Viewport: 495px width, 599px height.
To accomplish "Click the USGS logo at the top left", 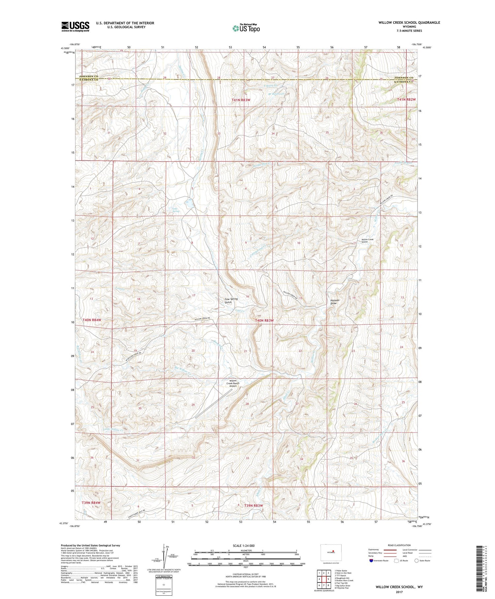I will (x=75, y=26).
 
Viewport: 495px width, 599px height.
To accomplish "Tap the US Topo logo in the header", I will (x=246, y=28).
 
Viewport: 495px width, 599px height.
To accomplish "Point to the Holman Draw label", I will (x=335, y=302).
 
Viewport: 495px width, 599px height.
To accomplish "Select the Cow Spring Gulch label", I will (x=231, y=301).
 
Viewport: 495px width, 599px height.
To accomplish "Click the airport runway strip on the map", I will (x=214, y=403).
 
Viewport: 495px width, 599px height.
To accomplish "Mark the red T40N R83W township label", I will (x=264, y=320).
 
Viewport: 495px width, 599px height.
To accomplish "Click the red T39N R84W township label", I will (x=91, y=503).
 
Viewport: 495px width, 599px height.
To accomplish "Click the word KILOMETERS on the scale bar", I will (x=246, y=550).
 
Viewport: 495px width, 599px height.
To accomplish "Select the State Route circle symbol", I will (x=416, y=561).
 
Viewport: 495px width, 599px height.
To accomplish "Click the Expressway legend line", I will (x=389, y=550).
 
